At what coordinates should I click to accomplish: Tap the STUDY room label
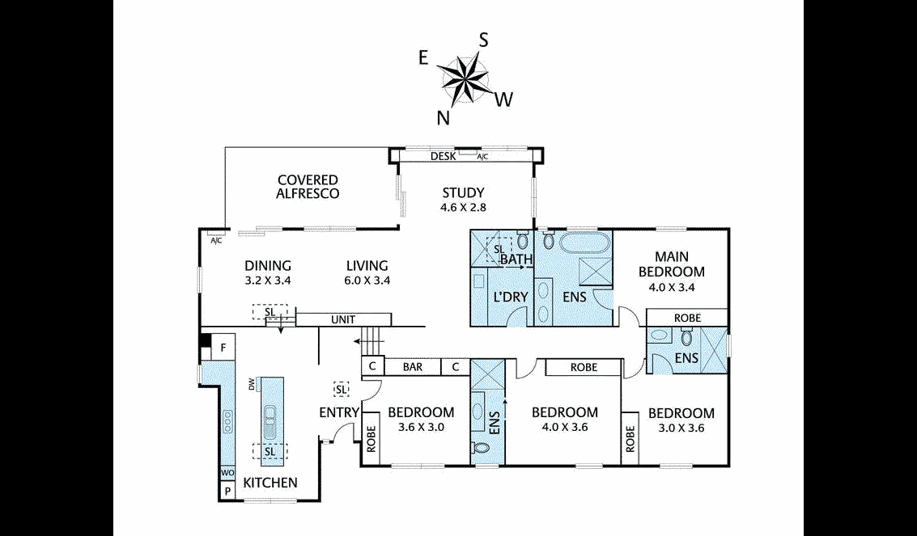click(x=463, y=193)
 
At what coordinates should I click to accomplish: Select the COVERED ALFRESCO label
click(x=308, y=187)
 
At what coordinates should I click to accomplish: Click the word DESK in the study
click(x=443, y=157)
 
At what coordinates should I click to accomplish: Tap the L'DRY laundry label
click(x=510, y=298)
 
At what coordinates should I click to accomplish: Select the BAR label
click(x=413, y=367)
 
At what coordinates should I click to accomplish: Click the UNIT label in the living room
click(x=343, y=320)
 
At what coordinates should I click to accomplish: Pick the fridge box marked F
click(x=223, y=349)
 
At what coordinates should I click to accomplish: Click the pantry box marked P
click(x=227, y=491)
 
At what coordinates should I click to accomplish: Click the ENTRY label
click(x=339, y=413)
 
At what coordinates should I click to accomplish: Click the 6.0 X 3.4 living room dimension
click(x=367, y=281)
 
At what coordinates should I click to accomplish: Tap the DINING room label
click(x=268, y=266)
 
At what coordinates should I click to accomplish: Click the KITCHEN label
click(x=270, y=483)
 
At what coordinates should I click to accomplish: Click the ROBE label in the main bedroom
click(x=686, y=318)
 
